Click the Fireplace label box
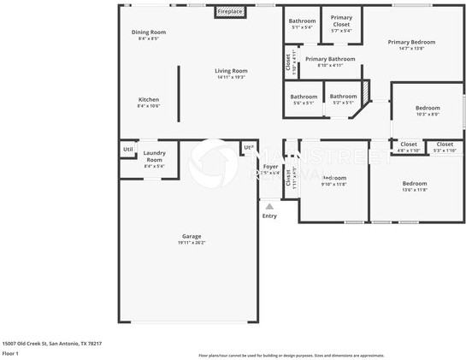click(229, 12)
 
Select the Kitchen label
click(149, 99)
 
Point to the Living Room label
click(231, 71)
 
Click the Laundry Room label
click(154, 156)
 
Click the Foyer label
click(270, 166)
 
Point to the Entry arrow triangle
click(269, 206)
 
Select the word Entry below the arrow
click(269, 215)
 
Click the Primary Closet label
click(341, 21)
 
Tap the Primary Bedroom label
click(411, 42)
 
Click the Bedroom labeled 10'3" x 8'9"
click(428, 108)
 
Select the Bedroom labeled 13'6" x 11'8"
click(415, 183)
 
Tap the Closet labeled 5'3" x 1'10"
click(445, 145)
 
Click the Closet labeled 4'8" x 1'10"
click(409, 145)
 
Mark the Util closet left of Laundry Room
click(127, 150)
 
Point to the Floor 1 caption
click(10, 353)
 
